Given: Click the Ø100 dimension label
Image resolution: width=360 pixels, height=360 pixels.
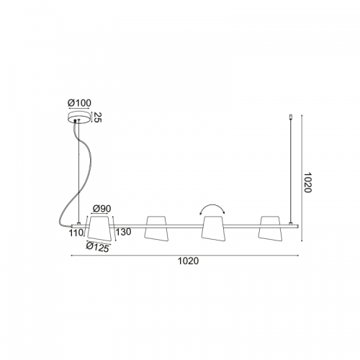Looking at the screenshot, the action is tap(79, 103).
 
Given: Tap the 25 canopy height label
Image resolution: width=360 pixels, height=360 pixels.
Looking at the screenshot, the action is tap(96, 117).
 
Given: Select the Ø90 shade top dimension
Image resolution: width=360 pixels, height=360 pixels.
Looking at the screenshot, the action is tap(102, 209).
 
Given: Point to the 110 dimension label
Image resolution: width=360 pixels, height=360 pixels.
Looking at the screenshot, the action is tap(76, 233).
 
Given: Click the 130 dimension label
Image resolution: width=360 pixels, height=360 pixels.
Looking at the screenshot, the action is tap(124, 232).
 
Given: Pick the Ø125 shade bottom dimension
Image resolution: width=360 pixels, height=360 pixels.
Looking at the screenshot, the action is tap(97, 247).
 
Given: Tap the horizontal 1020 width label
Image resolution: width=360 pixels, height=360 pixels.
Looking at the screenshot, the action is tap(188, 261).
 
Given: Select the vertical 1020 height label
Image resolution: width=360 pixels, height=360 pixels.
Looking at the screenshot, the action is tap(307, 182).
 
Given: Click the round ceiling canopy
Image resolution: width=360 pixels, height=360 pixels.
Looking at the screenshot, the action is tap(79, 118).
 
